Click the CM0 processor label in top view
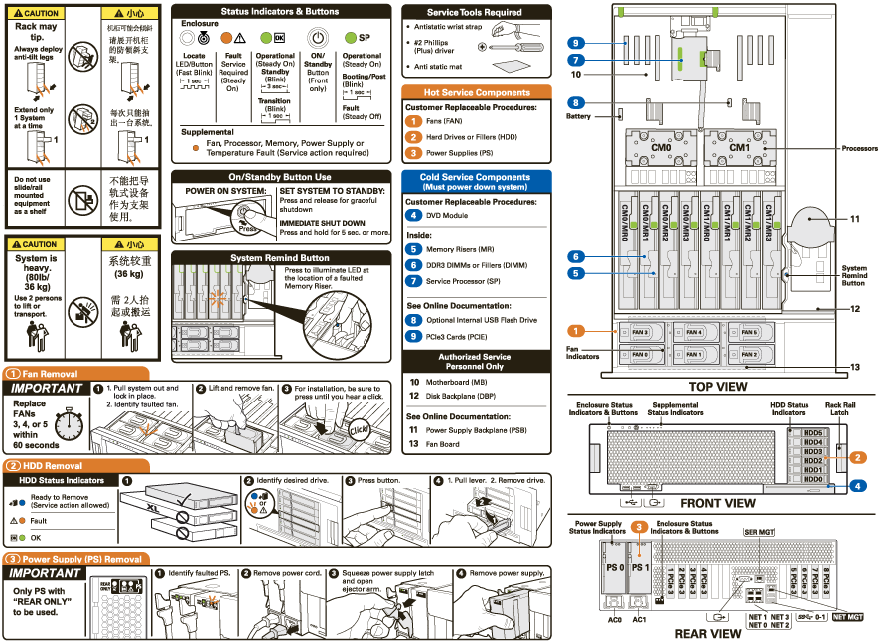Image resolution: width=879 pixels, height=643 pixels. pyautogui.click(x=661, y=148)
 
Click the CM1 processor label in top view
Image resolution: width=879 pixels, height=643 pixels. pyautogui.click(x=738, y=148)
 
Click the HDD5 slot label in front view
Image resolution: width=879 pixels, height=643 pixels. pyautogui.click(x=812, y=433)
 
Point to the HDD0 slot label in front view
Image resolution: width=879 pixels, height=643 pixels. pyautogui.click(x=812, y=479)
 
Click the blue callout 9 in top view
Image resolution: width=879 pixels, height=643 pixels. pyautogui.click(x=576, y=43)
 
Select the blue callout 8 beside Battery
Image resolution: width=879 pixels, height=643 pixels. pyautogui.click(x=576, y=102)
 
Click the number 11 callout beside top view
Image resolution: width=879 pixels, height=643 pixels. pyautogui.click(x=854, y=219)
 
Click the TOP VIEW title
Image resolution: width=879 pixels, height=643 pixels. pyautogui.click(x=718, y=387)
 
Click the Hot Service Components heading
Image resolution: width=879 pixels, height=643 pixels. pyautogui.click(x=477, y=92)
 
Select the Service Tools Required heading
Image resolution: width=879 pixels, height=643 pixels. pyautogui.click(x=476, y=13)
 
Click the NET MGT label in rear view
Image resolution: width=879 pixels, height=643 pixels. pyautogui.click(x=847, y=617)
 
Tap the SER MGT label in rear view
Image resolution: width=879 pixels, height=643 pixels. pyautogui.click(x=759, y=532)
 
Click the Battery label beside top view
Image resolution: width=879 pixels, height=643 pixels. pyautogui.click(x=578, y=116)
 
